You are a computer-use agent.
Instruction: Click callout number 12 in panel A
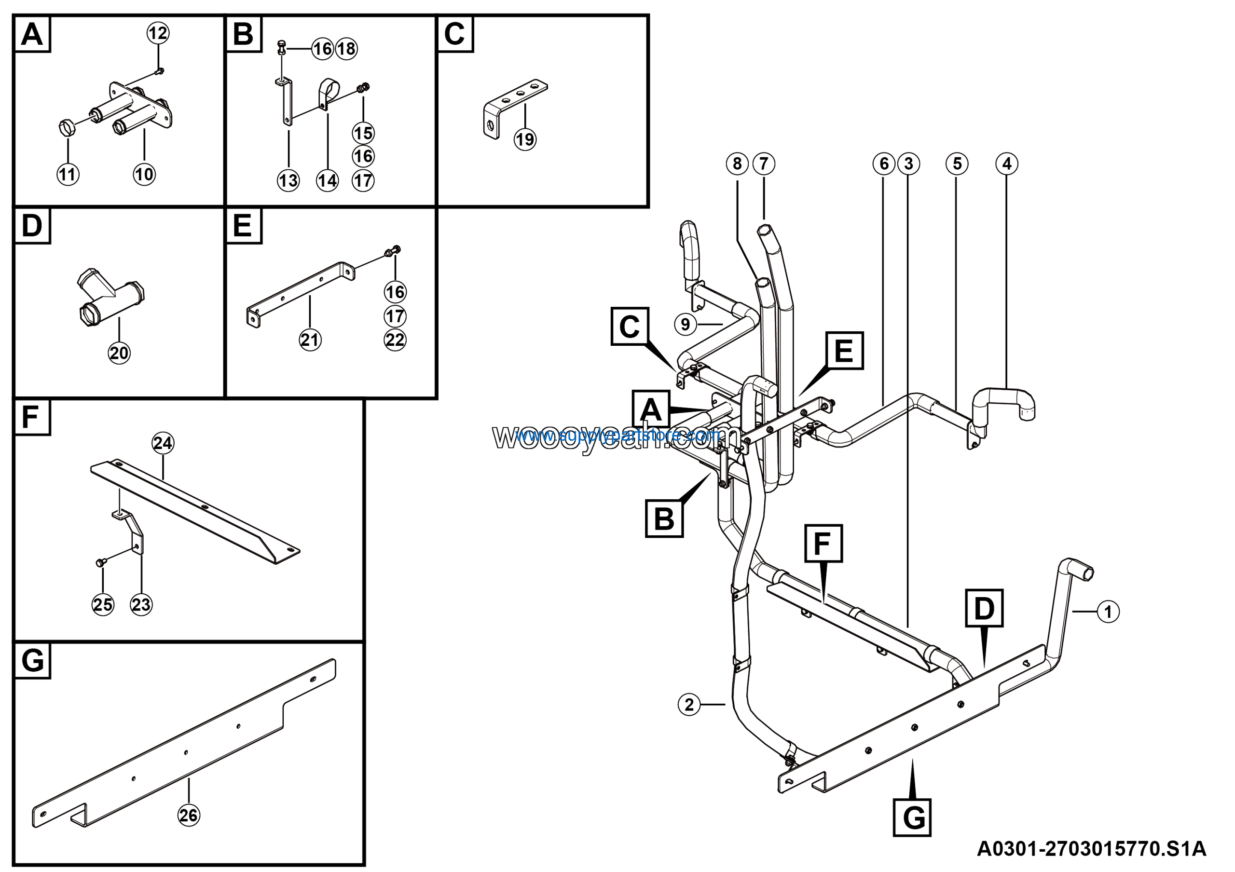pyautogui.click(x=158, y=33)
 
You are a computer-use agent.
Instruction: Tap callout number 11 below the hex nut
pyautogui.click(x=68, y=174)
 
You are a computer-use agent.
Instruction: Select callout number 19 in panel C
pyautogui.click(x=525, y=140)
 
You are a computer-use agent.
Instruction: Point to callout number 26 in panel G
pyautogui.click(x=188, y=815)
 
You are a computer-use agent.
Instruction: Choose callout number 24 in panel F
pyautogui.click(x=163, y=443)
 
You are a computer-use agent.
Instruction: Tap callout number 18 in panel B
pyautogui.click(x=346, y=49)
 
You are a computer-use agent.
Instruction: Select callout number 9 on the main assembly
pyautogui.click(x=685, y=324)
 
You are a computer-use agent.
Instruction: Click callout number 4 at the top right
pyautogui.click(x=1007, y=163)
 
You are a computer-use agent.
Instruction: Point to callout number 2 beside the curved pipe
pyautogui.click(x=689, y=704)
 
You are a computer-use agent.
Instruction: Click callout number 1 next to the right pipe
pyautogui.click(x=1108, y=612)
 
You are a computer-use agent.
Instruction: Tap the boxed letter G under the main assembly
pyautogui.click(x=912, y=817)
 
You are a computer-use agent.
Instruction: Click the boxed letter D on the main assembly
pyautogui.click(x=984, y=608)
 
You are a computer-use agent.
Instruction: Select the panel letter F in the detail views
pyautogui.click(x=31, y=417)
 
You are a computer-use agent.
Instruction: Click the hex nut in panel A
pyautogui.click(x=66, y=128)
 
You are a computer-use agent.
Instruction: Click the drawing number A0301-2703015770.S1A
pyautogui.click(x=1091, y=849)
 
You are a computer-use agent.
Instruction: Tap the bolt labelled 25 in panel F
pyautogui.click(x=100, y=562)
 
